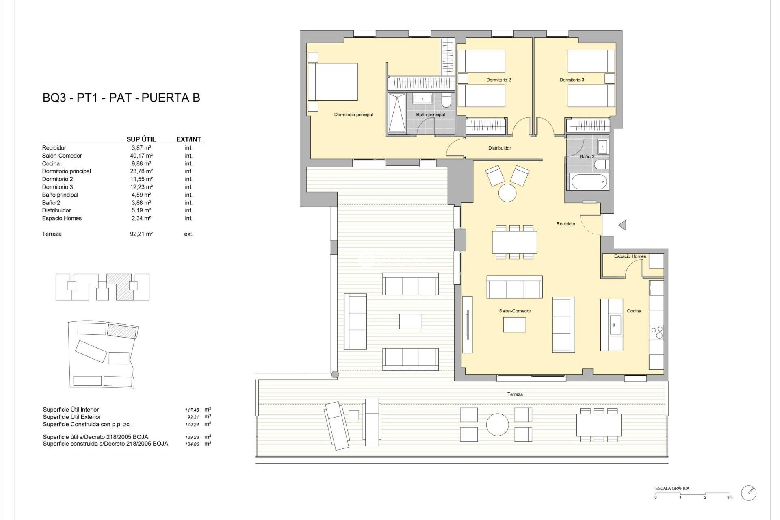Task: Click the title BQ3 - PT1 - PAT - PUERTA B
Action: tap(121, 98)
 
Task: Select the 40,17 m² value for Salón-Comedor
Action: tap(141, 156)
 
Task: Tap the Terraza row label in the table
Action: tap(52, 234)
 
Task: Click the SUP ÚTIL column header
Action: tap(141, 139)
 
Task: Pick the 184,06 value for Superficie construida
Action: tap(192, 444)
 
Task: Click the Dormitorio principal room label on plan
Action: tap(353, 115)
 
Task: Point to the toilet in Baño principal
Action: tap(446, 100)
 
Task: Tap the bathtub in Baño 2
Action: tap(589, 182)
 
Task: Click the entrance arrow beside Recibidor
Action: tap(622, 225)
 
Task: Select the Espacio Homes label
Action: tap(630, 256)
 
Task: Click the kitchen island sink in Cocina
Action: tap(614, 325)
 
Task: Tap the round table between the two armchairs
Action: tap(507, 193)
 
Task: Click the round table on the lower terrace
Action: tap(497, 425)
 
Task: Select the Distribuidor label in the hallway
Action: tap(499, 148)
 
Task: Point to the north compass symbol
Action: tap(749, 493)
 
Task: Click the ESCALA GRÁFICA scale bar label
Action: tap(672, 488)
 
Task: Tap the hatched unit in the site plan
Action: tap(122, 331)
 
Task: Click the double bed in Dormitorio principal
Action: tap(333, 82)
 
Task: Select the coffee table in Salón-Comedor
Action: tap(514, 325)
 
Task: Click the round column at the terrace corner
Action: tap(335, 375)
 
